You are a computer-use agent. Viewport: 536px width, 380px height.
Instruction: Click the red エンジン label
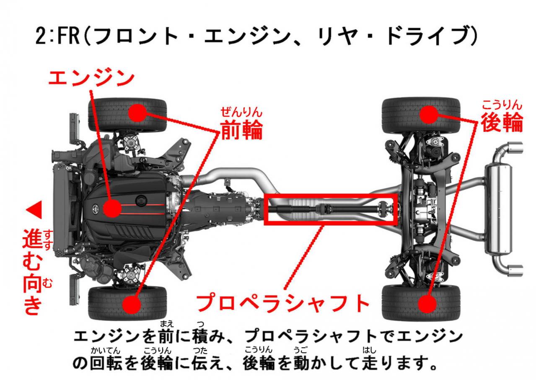[91, 78]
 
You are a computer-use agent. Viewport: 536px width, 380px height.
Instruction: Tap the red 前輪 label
[242, 130]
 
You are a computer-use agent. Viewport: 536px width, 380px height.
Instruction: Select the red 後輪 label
[502, 122]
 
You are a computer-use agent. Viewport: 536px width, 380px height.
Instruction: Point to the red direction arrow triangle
[34, 210]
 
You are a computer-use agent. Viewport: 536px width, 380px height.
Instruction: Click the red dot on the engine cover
[112, 208]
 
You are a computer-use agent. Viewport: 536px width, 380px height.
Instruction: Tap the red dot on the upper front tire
[137, 113]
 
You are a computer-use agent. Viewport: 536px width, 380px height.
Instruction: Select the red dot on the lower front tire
[131, 304]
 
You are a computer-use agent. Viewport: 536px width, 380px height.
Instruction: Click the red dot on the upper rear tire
[429, 115]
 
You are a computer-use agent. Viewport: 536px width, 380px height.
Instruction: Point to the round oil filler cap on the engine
[141, 200]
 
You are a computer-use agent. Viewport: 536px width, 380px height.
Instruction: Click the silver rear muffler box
[498, 209]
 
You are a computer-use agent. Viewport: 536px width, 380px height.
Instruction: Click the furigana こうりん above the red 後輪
[502, 105]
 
